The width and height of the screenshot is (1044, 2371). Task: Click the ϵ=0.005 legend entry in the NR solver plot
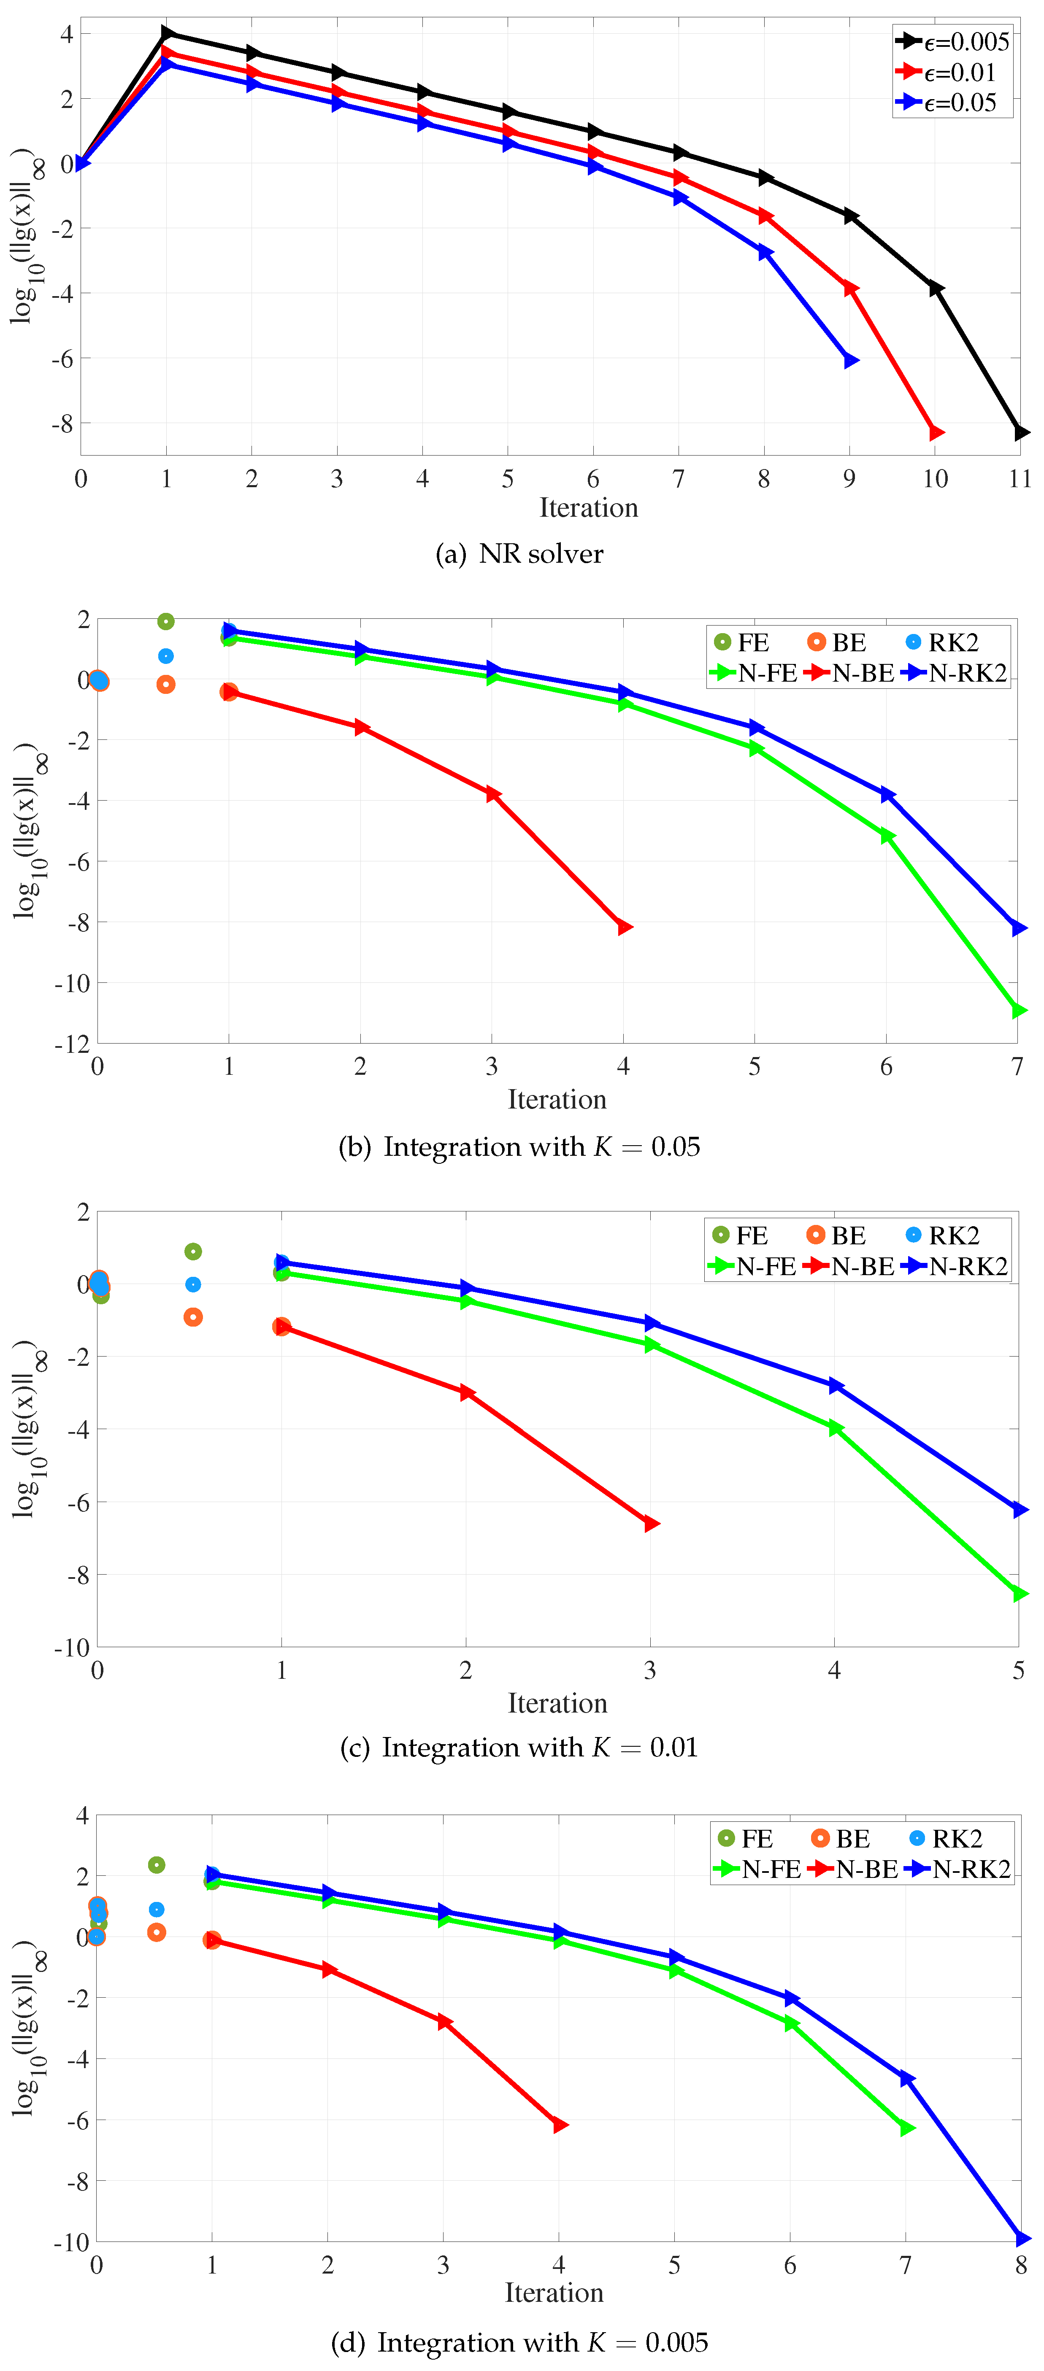953,41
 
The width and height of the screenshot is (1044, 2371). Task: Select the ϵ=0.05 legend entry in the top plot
953,102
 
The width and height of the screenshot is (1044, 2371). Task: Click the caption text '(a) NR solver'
520,554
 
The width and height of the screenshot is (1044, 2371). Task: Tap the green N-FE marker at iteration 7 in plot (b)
1018,1011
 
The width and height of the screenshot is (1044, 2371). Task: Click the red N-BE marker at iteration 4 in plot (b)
624,927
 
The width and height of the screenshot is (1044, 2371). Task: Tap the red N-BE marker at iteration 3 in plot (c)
651,1524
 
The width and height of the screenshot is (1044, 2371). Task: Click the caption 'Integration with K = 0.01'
520,1748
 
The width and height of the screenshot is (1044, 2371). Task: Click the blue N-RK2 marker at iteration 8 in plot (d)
1021,2239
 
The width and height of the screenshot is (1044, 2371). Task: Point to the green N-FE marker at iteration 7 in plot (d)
906,2128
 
